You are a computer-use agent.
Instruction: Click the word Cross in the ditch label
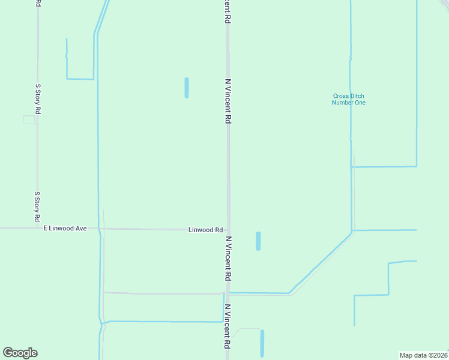point(340,96)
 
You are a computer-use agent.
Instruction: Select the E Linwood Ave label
point(65,228)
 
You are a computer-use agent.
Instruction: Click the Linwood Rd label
point(206,230)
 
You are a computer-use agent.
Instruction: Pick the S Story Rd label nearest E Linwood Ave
point(37,205)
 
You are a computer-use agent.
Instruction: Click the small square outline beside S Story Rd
point(29,120)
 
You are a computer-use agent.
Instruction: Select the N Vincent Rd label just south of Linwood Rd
point(228,259)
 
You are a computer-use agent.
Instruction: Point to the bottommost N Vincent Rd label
point(228,327)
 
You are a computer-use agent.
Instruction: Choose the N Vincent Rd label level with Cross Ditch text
point(228,101)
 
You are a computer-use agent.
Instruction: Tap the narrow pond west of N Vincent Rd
point(187,88)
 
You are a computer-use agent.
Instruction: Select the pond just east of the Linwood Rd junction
point(258,241)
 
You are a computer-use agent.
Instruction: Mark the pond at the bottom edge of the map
point(262,344)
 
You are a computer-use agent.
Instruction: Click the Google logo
point(20,353)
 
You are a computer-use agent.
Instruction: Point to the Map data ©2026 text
point(424,355)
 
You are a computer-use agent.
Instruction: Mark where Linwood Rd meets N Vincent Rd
point(228,230)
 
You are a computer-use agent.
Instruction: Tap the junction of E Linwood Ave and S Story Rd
point(37,228)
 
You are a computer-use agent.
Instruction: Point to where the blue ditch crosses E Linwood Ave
point(98,228)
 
